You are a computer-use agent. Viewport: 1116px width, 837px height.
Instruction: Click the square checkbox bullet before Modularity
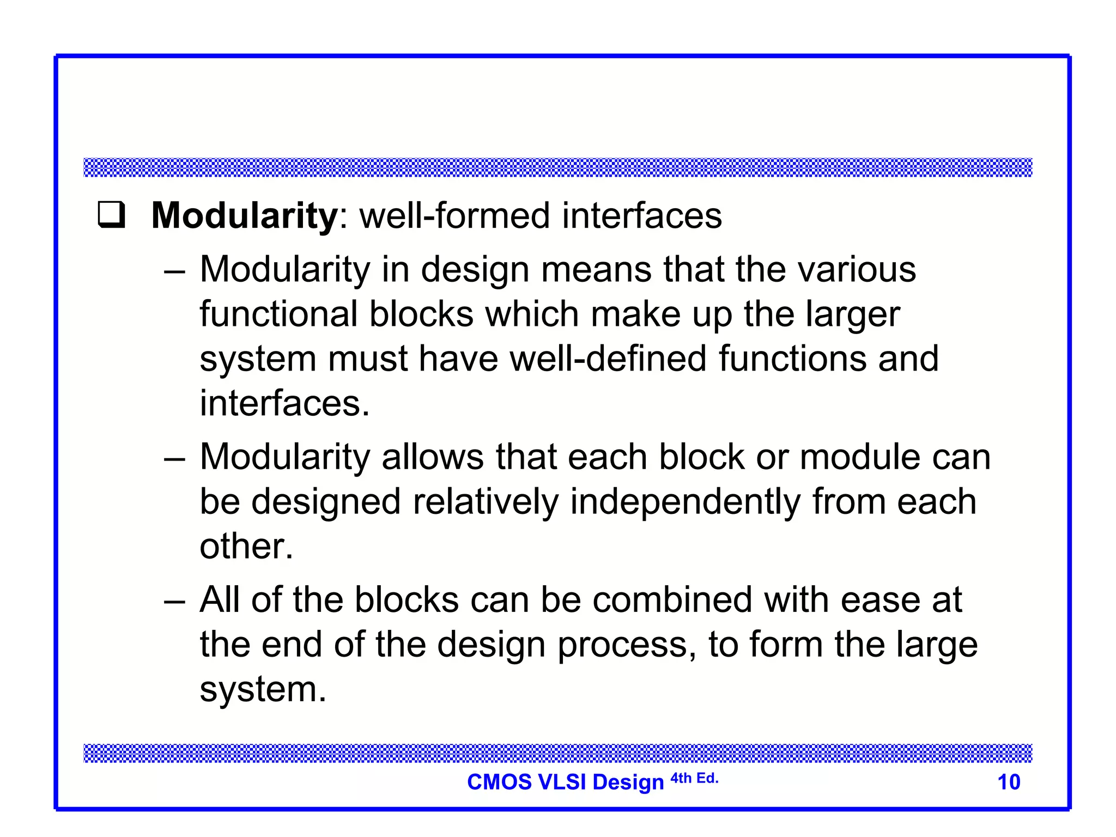pyautogui.click(x=112, y=216)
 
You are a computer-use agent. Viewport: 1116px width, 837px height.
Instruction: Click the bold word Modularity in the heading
pyautogui.click(x=245, y=216)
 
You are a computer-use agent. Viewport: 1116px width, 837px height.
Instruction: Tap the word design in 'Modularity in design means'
pyautogui.click(x=475, y=270)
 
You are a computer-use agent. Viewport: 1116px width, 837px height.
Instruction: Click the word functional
pyautogui.click(x=278, y=314)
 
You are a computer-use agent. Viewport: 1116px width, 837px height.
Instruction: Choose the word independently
pyautogui.click(x=686, y=502)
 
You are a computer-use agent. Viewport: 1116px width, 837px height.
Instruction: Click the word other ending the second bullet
pyautogui.click(x=246, y=547)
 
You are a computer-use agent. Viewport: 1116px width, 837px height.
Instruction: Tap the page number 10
pyautogui.click(x=1009, y=782)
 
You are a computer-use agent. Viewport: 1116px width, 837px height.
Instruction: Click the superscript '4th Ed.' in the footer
pyautogui.click(x=694, y=778)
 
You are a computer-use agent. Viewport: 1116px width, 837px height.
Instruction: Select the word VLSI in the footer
pyautogui.click(x=562, y=782)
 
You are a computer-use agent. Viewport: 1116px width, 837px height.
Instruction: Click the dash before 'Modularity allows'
pyautogui.click(x=174, y=458)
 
